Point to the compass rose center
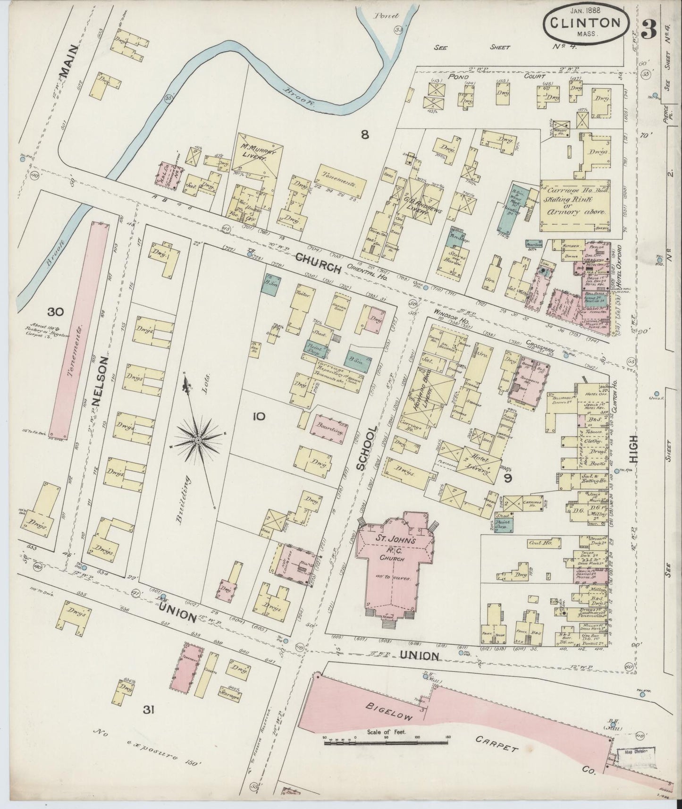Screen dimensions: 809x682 point(199,440)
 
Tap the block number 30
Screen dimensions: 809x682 point(55,312)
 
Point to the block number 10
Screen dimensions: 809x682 point(259,416)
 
